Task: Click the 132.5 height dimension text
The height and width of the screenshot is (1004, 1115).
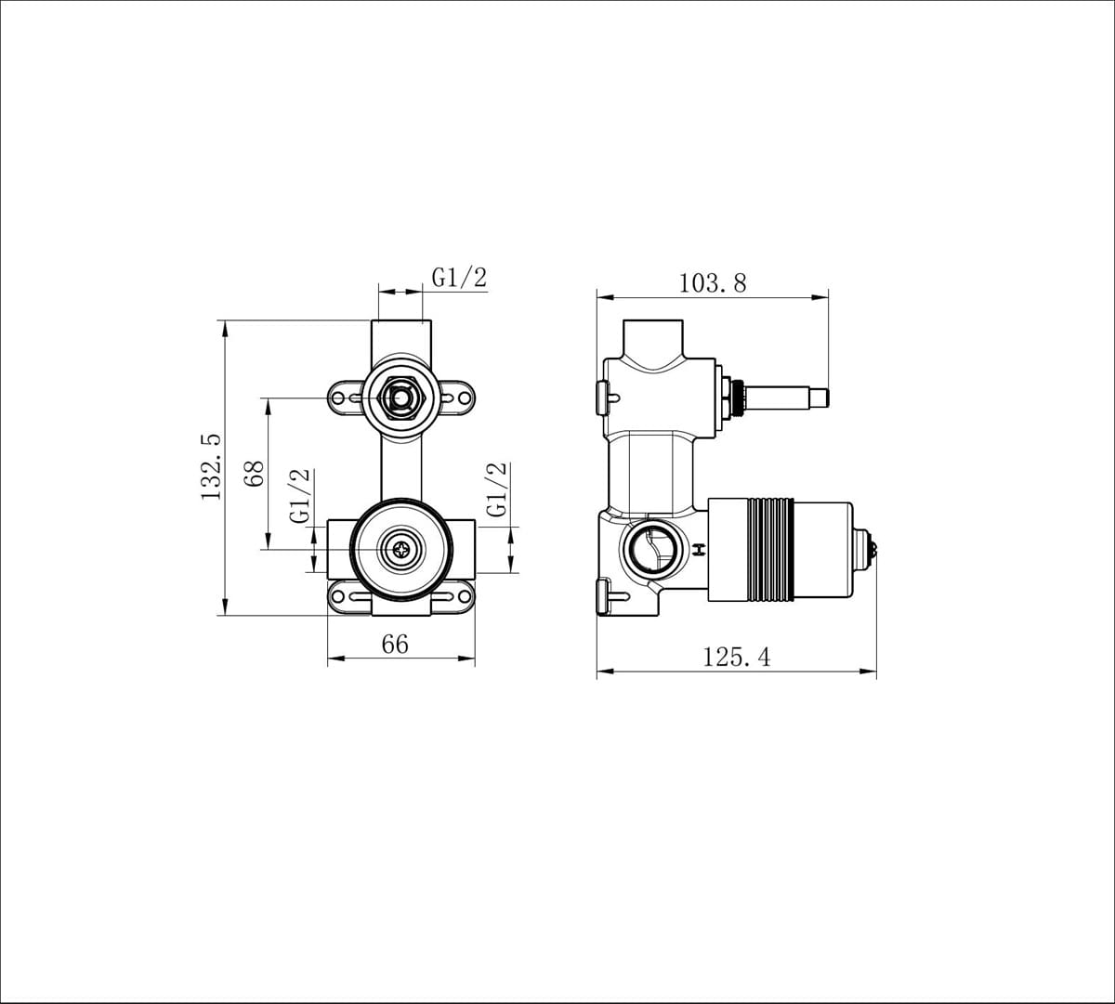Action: tap(212, 467)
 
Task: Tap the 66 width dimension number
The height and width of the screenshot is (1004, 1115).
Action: tap(395, 644)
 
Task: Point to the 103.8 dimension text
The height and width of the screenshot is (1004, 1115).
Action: tap(713, 282)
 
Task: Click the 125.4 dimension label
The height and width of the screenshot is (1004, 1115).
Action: tap(736, 658)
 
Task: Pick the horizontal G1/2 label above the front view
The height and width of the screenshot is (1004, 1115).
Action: tap(459, 277)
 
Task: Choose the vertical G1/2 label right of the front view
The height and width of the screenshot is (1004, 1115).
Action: tap(497, 489)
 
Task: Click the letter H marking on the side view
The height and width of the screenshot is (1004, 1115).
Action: tap(698, 550)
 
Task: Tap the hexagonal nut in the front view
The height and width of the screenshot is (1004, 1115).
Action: tap(400, 399)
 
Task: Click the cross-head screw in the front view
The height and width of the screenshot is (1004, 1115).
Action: tap(400, 549)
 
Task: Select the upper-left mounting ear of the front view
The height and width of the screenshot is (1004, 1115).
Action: tap(348, 398)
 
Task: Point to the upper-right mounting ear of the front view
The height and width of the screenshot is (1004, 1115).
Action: tap(455, 398)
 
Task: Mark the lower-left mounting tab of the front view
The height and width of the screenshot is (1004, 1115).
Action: tap(348, 596)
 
